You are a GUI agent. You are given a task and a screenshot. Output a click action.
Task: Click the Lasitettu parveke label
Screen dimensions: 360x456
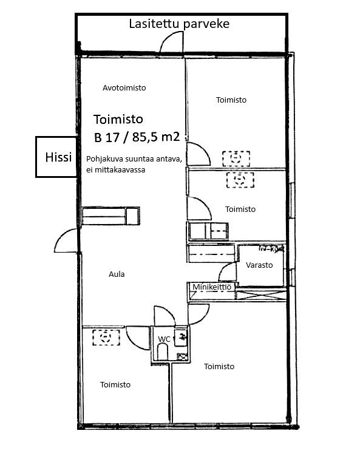179,24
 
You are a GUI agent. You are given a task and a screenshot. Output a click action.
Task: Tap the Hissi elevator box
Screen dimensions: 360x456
56,157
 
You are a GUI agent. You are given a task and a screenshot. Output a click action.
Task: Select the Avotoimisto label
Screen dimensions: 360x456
124,87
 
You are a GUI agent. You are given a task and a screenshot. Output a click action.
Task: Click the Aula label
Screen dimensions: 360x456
117,274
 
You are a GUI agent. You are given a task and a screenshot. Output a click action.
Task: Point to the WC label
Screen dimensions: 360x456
164,339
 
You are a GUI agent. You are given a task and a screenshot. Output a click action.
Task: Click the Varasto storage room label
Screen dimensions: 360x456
259,265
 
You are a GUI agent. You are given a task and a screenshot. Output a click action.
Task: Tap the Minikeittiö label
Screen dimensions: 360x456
212,287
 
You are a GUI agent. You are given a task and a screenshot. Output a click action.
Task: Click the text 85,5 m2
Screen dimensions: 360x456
156,137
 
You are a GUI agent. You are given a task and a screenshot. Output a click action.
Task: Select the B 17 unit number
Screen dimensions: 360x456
107,137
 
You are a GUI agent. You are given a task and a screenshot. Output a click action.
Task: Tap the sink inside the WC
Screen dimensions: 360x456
180,338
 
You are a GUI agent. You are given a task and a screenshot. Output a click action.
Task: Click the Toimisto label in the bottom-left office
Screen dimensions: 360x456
115,384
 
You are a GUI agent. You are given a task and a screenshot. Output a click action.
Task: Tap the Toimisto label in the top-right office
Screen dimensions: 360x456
231,100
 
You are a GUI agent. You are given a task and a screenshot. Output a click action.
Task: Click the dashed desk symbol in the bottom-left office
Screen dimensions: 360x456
106,337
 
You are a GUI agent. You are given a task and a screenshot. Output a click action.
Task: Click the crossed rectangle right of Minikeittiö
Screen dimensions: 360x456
261,294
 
